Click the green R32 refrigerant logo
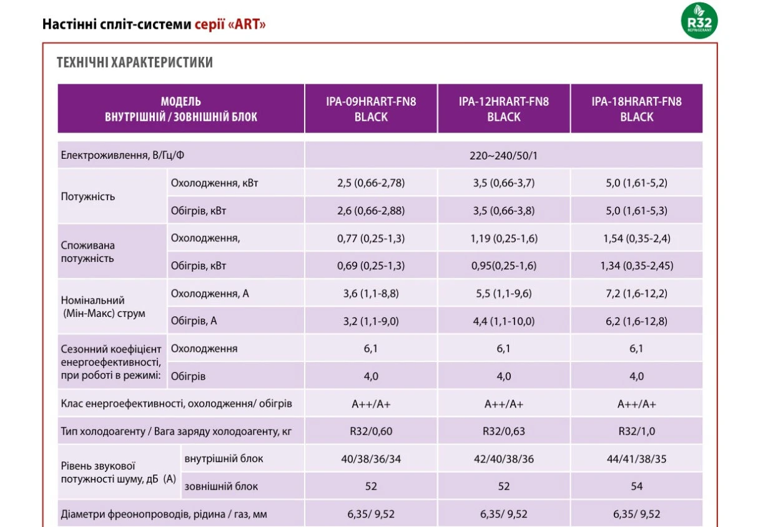click(x=699, y=21)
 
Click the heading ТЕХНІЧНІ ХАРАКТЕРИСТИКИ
click(x=135, y=63)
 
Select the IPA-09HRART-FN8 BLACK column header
click(x=371, y=109)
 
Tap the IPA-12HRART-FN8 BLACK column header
click(x=504, y=109)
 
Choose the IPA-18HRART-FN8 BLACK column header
click(x=637, y=109)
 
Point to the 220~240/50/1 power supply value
click(x=503, y=156)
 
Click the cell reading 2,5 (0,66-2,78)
click(x=371, y=183)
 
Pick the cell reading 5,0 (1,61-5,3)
click(x=637, y=211)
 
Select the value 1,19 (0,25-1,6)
click(x=504, y=238)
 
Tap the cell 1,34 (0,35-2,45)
click(x=637, y=266)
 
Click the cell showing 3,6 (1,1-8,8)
click(x=371, y=294)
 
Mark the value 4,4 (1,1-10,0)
click(x=504, y=321)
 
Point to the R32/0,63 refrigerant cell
click(x=504, y=431)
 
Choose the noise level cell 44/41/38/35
click(x=637, y=459)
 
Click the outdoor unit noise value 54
click(x=637, y=486)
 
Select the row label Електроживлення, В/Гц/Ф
click(x=122, y=156)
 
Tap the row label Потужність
click(x=88, y=196)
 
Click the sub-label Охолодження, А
click(x=210, y=294)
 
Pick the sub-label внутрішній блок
click(x=224, y=459)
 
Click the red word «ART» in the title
click(x=246, y=24)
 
